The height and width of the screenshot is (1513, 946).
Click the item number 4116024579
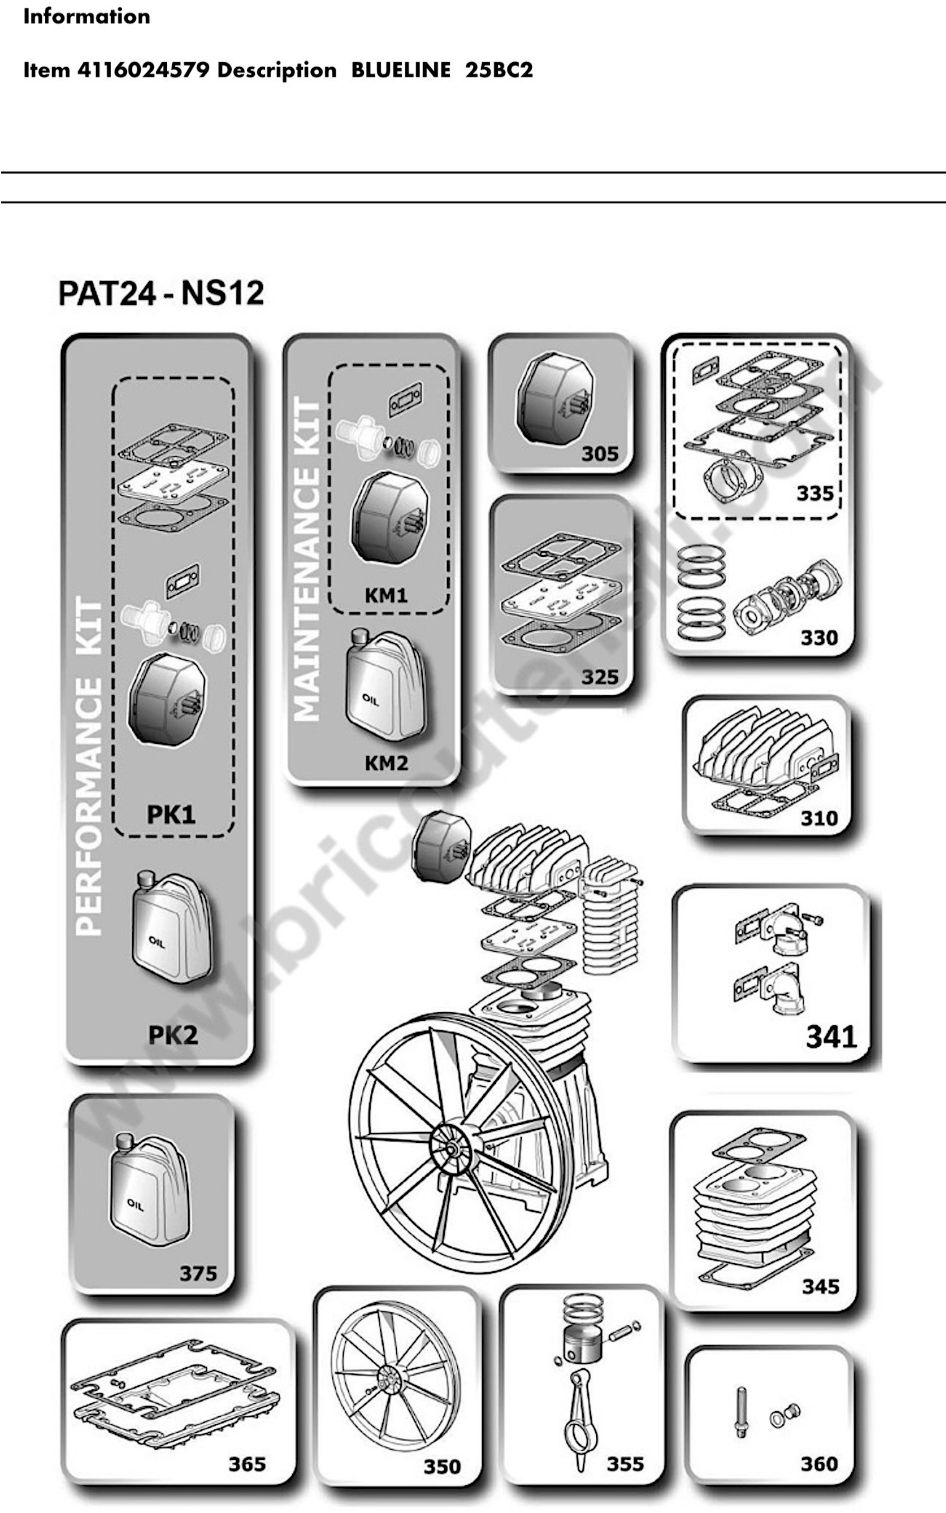click(143, 70)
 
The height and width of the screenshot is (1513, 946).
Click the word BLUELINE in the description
click(400, 70)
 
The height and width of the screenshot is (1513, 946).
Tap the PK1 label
click(171, 814)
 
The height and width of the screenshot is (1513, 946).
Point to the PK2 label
click(173, 1035)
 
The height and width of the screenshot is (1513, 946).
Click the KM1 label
click(386, 595)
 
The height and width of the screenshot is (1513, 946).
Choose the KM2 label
click(386, 763)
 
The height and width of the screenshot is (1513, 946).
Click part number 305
click(599, 453)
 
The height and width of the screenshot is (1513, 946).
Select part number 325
click(599, 677)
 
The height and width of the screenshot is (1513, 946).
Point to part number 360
click(819, 1463)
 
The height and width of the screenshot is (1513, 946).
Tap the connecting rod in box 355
click(583, 1425)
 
